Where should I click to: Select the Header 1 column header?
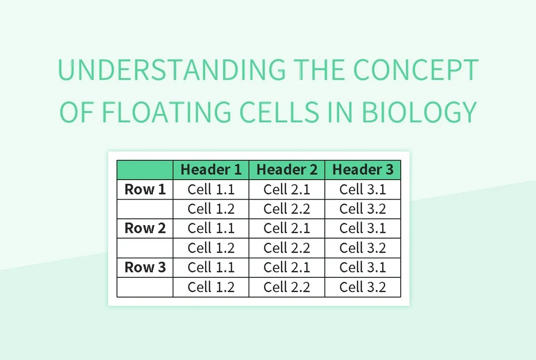211,170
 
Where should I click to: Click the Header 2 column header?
287,170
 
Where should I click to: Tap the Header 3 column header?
363,170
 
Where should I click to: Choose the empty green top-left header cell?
145,170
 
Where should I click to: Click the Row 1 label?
145,189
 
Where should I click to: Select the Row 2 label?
145,228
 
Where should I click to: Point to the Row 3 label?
145,267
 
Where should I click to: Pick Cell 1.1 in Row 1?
211,189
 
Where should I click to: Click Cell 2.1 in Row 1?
287,189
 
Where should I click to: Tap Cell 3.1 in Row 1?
363,189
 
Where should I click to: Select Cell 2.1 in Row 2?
287,228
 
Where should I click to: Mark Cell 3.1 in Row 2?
363,228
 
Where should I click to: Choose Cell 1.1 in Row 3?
211,267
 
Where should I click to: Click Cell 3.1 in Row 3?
363,267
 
